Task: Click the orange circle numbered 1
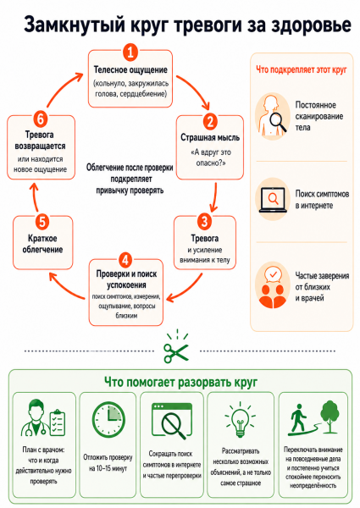130,52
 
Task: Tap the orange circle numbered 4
125,260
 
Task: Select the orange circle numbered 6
41,119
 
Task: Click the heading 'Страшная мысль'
210,137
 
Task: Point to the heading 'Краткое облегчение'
42,244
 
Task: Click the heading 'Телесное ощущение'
130,69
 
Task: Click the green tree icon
330,417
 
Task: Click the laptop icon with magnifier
273,200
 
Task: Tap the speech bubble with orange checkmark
273,275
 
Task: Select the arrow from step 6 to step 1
62,88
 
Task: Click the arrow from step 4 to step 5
65,288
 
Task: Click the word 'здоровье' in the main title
311,25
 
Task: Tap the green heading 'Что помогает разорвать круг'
180,382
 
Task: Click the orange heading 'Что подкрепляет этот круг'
302,69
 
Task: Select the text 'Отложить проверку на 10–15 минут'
108,462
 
